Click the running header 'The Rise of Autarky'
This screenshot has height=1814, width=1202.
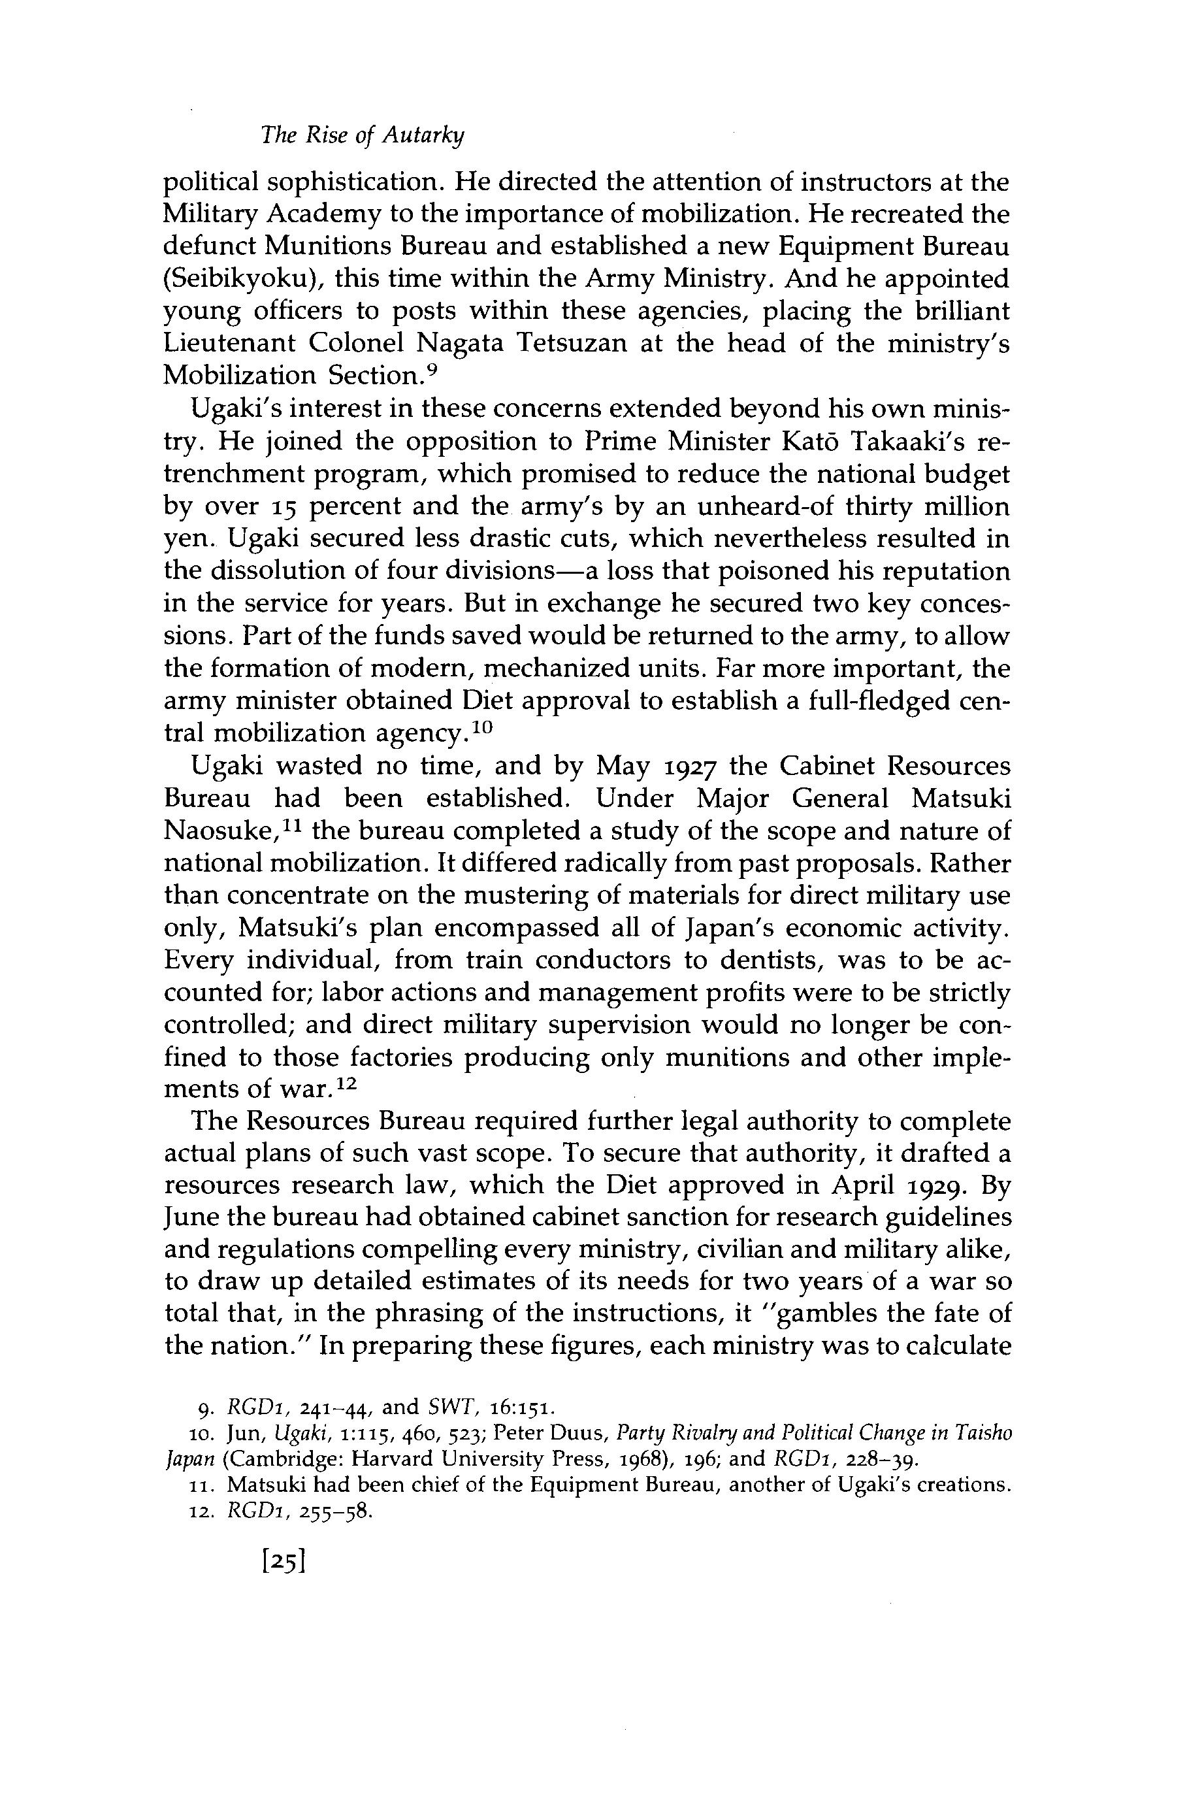(363, 136)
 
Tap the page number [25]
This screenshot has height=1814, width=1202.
(284, 1561)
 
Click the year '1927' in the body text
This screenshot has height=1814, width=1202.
(687, 767)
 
